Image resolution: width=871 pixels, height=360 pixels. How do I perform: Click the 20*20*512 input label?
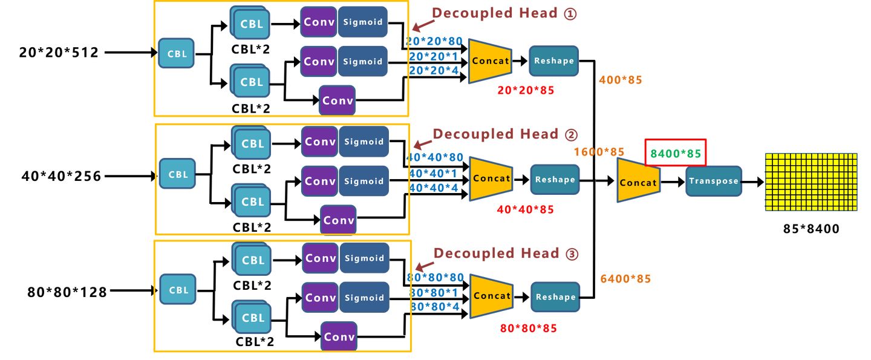59,53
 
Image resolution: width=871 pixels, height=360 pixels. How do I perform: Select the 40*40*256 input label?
61,177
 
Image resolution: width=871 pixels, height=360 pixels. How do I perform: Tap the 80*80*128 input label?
67,292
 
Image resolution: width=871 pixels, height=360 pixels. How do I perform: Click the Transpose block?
714,181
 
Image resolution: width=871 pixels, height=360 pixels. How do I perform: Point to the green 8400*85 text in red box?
676,153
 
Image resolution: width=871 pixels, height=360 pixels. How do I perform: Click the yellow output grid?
811,182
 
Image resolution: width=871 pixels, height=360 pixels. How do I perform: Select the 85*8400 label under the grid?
811,229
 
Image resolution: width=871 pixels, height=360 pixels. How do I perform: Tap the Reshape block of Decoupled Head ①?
553,61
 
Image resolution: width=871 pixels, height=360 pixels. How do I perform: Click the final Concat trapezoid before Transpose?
638,182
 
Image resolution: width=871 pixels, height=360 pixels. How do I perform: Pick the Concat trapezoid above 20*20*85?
491,61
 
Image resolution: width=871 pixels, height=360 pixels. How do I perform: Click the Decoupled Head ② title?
505,134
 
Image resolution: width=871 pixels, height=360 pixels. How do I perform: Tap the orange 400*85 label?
620,80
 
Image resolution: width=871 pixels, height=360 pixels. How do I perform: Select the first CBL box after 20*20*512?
177,54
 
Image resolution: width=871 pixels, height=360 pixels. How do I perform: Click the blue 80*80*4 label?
437,307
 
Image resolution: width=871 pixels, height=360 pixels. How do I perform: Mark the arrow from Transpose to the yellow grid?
753,182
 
